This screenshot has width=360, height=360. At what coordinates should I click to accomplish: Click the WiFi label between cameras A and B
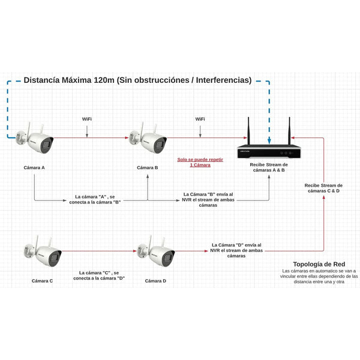87,119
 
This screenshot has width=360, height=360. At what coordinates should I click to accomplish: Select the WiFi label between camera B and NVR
200,119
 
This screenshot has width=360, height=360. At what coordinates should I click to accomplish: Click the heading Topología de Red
319,264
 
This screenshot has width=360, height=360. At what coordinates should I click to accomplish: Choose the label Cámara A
34,167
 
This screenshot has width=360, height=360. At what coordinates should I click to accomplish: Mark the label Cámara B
147,167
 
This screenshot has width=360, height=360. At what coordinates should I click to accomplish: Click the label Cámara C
43,280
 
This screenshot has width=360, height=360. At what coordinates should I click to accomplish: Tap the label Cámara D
155,280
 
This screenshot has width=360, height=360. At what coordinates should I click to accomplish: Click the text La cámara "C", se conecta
98,275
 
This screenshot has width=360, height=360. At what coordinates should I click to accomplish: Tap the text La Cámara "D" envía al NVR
236,250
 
